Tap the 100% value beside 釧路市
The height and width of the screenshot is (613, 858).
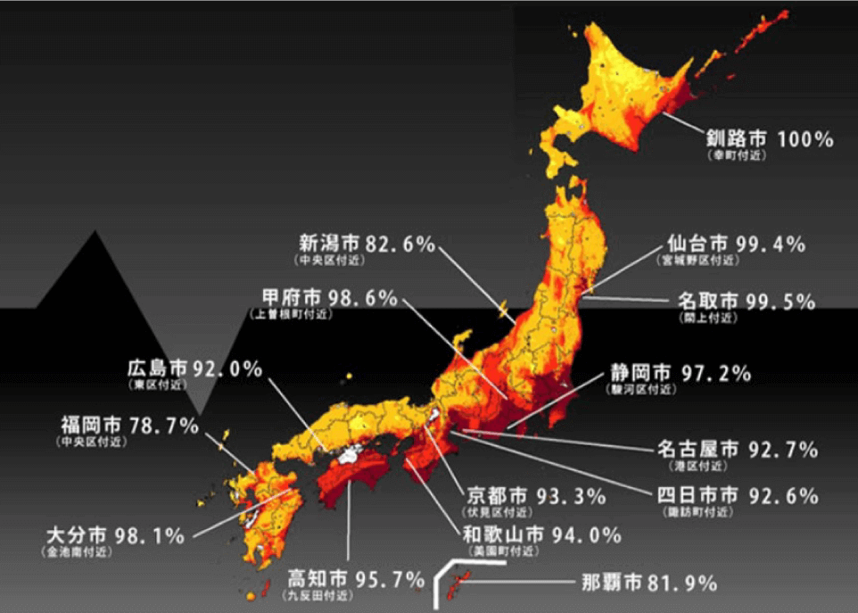(804, 139)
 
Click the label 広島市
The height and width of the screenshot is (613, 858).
(157, 368)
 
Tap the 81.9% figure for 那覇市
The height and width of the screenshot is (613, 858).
(681, 584)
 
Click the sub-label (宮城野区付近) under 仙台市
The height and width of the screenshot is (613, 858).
(698, 261)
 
